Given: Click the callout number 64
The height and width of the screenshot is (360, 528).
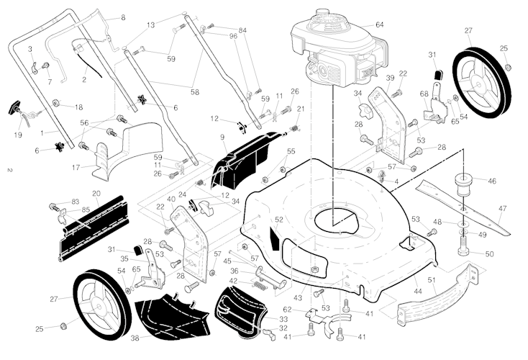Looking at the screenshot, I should click(x=399, y=25).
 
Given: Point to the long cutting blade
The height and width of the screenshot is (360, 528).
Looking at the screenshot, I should click(x=460, y=209).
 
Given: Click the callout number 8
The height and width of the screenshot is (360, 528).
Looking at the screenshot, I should click(x=122, y=17).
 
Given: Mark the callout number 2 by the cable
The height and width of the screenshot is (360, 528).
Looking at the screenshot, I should click(x=84, y=79).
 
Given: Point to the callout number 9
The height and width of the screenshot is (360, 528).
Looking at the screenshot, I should click(x=223, y=137).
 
